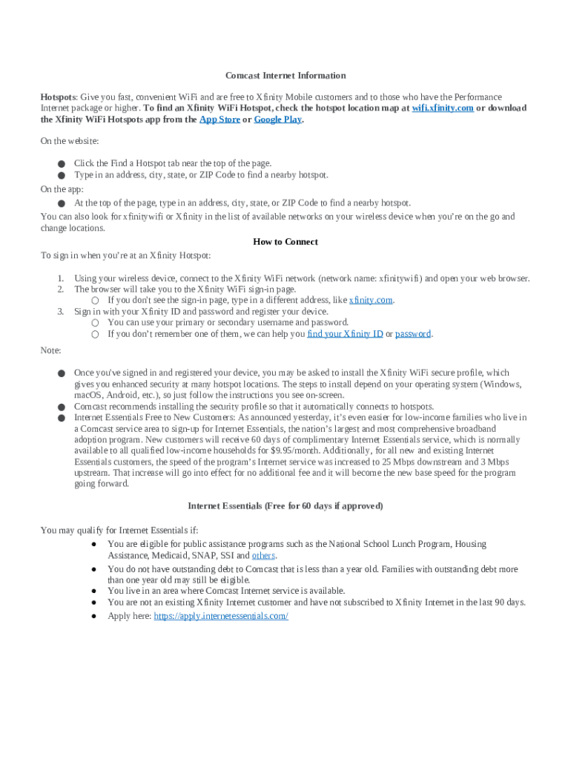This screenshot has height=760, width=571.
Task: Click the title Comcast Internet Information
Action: [285, 76]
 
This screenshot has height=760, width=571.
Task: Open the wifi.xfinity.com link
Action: [443, 108]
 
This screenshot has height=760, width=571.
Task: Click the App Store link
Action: [220, 119]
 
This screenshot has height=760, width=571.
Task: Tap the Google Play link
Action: [277, 119]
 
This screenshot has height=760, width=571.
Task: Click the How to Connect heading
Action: [285, 242]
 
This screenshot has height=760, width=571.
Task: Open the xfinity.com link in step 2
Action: [371, 301]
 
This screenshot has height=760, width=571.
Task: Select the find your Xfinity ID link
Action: [345, 334]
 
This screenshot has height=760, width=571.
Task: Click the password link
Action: [413, 334]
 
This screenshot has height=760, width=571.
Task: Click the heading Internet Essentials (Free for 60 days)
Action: [285, 506]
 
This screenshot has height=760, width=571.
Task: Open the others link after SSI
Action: [264, 555]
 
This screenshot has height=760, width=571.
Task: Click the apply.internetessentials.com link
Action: [221, 616]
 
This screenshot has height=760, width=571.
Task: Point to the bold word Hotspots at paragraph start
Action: [58, 97]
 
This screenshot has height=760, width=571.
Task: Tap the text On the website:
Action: [70, 141]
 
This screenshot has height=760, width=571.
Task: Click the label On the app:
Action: [62, 189]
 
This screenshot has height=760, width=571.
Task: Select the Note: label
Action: [51, 350]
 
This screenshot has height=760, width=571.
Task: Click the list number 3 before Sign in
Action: [61, 312]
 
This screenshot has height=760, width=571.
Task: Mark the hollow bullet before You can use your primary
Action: [95, 323]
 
